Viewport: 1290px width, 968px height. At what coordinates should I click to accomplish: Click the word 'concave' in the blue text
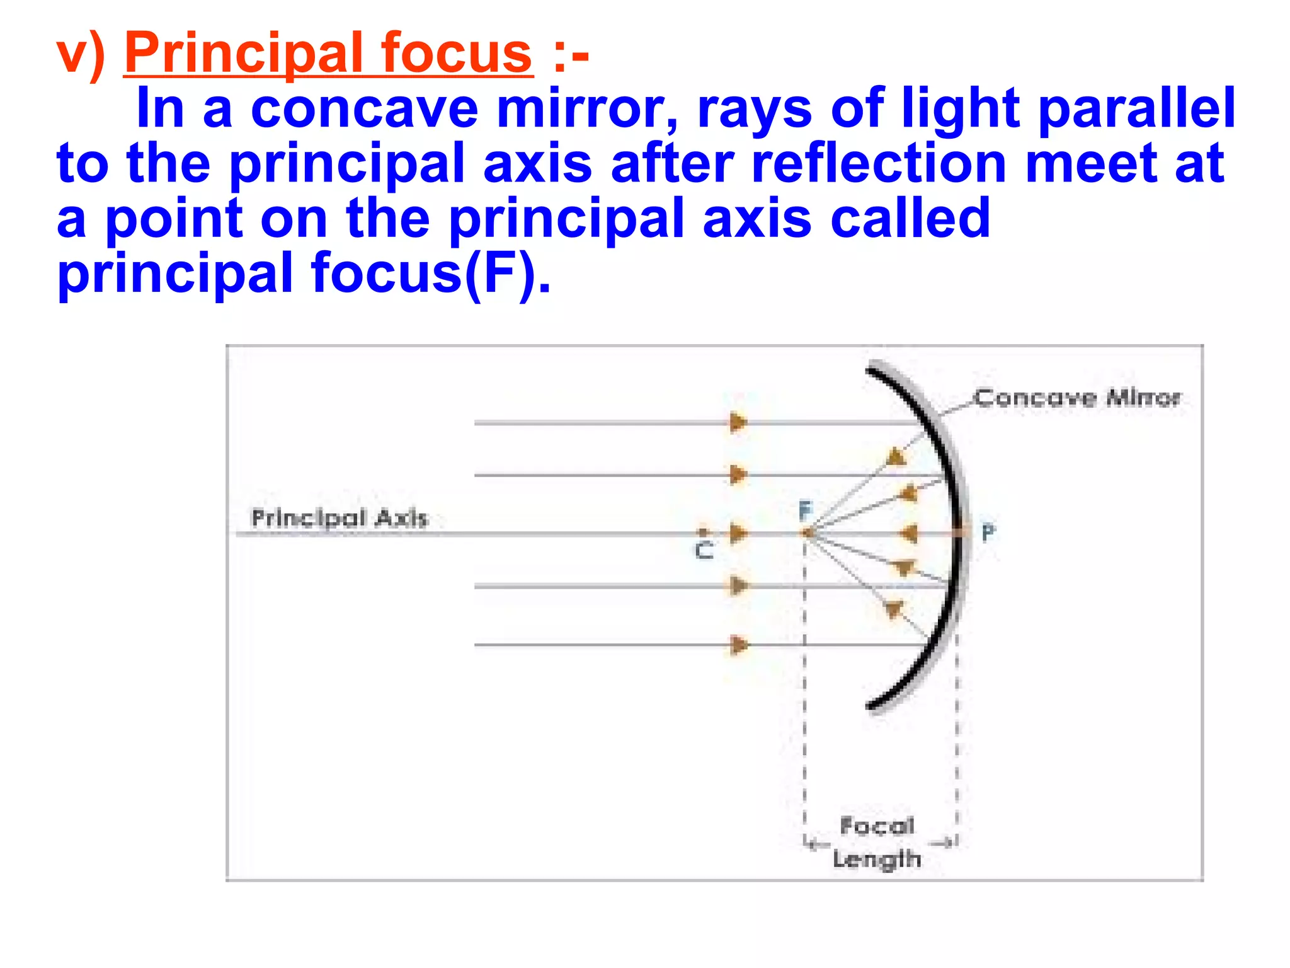point(365,108)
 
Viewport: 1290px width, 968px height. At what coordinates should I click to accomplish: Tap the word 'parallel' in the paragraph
point(1136,108)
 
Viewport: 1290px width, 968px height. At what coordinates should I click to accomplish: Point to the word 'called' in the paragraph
point(910,218)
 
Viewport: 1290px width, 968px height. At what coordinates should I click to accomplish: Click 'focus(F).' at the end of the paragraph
point(431,274)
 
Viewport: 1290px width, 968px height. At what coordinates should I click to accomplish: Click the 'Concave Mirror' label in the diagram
point(1077,398)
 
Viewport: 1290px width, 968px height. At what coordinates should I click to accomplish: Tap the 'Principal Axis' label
point(340,518)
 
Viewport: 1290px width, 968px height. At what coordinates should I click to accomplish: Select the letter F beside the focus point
point(806,510)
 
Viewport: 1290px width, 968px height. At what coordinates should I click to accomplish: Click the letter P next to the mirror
point(988,533)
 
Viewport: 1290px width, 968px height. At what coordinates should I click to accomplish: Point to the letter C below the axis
point(704,551)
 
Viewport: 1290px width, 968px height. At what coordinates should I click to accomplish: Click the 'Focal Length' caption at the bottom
point(877,843)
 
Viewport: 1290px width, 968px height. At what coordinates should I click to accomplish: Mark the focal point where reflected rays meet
point(807,534)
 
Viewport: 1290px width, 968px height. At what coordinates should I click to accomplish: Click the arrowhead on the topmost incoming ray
point(738,422)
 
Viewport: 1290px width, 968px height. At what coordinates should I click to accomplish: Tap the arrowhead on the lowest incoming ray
point(738,645)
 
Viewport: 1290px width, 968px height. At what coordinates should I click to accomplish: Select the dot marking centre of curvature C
point(704,533)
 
